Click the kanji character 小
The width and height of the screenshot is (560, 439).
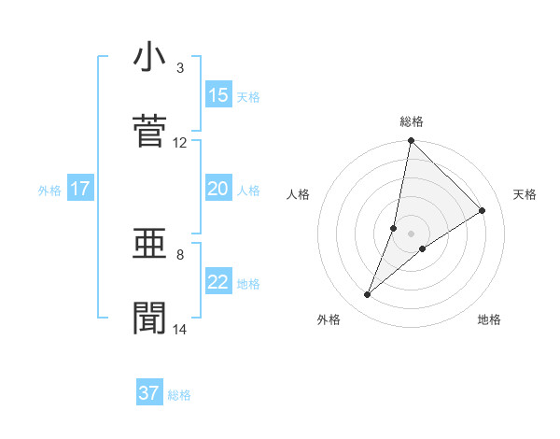tap(149, 58)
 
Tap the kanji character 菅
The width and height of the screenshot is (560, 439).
tap(149, 132)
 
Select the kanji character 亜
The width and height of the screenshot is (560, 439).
tap(149, 244)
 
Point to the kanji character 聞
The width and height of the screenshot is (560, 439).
tap(149, 319)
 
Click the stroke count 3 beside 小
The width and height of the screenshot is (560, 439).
tap(180, 68)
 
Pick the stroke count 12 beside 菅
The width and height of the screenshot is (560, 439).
tap(179, 143)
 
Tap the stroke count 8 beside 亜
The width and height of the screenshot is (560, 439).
tap(180, 254)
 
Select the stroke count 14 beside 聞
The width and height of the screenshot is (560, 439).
tap(179, 329)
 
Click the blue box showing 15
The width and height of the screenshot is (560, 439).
tap(218, 94)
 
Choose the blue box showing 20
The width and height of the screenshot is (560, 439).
tap(218, 189)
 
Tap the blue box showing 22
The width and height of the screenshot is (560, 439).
tap(218, 282)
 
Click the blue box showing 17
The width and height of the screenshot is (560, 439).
tap(79, 189)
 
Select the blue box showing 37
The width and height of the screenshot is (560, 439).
tap(149, 393)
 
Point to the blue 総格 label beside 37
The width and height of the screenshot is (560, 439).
tap(179, 395)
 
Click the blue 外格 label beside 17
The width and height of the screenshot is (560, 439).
tap(49, 191)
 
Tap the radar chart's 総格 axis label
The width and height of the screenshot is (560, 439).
tap(412, 121)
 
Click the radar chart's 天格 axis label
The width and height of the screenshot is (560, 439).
tap(525, 194)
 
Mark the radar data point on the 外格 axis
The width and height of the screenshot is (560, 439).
tap(368, 295)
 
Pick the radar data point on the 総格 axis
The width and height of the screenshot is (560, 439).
tap(411, 141)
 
